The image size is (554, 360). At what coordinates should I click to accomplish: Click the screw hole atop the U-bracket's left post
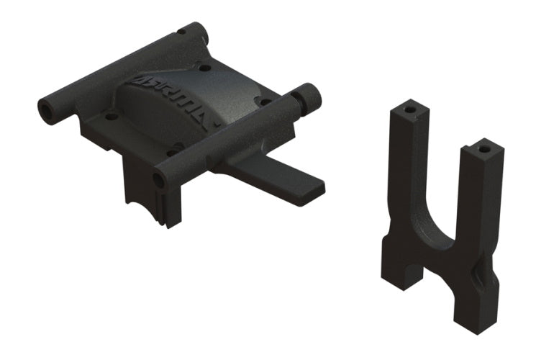click(x=409, y=111)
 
